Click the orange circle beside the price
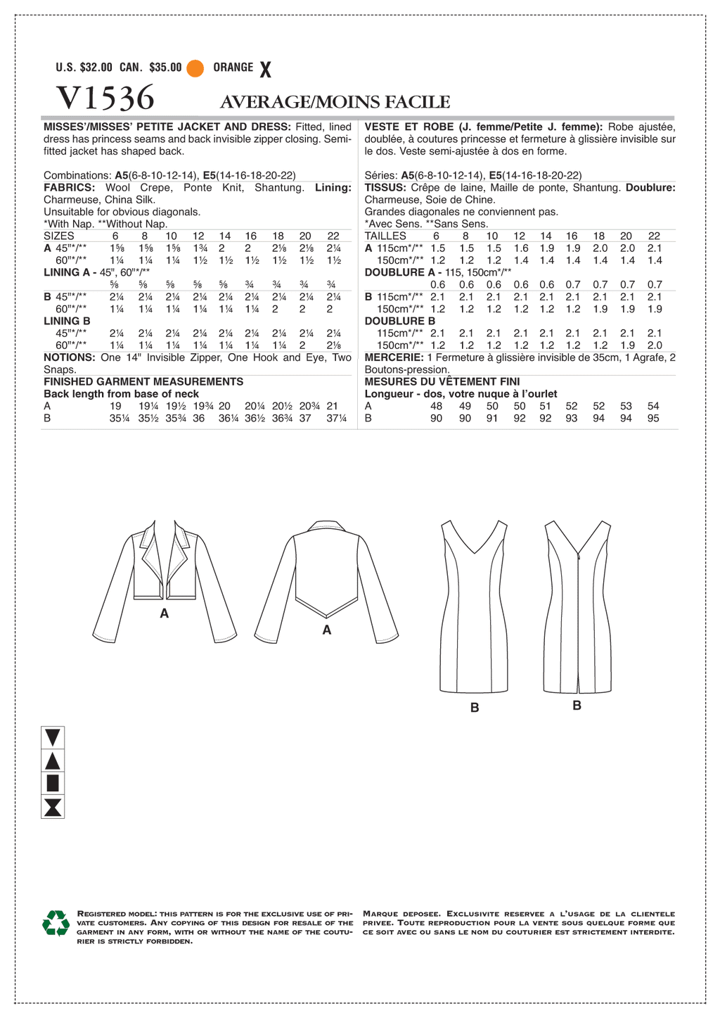(195, 68)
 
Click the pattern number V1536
(105, 98)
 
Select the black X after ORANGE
(265, 69)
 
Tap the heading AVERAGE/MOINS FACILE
(335, 102)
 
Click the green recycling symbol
(56, 923)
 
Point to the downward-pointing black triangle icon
(53, 737)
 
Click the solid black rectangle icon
(53, 783)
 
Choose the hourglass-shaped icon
(53, 807)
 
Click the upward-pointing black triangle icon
(53, 761)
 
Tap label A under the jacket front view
(165, 613)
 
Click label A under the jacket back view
(327, 630)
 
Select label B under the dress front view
(475, 708)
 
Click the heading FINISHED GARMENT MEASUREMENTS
(143, 381)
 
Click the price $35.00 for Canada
(165, 68)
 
